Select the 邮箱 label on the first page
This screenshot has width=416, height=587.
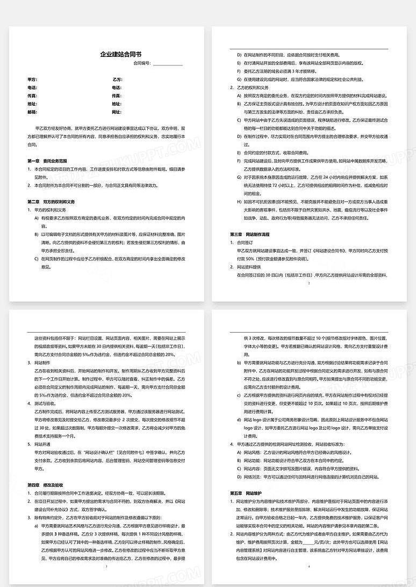pyautogui.click(x=32, y=112)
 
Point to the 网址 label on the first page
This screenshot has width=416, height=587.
pyautogui.click(x=117, y=112)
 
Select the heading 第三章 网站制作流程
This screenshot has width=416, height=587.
pyautogui.click(x=250, y=234)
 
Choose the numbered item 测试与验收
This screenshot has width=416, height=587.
pyautogui.click(x=46, y=403)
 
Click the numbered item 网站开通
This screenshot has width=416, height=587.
pyautogui.click(x=43, y=444)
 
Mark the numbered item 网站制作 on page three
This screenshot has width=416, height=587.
pyautogui.click(x=43, y=363)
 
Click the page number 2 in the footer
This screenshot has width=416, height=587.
pyautogui.click(x=309, y=282)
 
